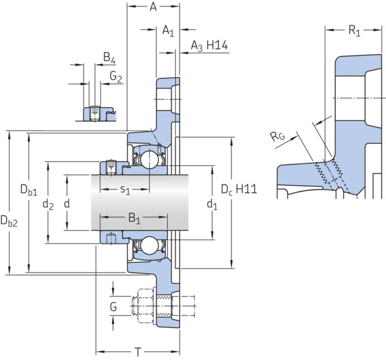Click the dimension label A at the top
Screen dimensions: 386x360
pyautogui.click(x=153, y=7)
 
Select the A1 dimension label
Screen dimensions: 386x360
pyautogui.click(x=168, y=31)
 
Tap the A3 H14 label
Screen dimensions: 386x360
pyautogui.click(x=209, y=46)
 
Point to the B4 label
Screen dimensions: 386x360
pyautogui.click(x=109, y=58)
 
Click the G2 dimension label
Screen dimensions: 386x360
pyautogui.click(x=116, y=76)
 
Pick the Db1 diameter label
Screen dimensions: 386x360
pyautogui.click(x=29, y=190)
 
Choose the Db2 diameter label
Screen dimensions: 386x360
pyautogui.click(x=9, y=221)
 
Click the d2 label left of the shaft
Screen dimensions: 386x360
pyautogui.click(x=48, y=204)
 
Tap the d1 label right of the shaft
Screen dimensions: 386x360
pyautogui.click(x=212, y=204)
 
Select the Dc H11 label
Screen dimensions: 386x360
pyautogui.click(x=239, y=190)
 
